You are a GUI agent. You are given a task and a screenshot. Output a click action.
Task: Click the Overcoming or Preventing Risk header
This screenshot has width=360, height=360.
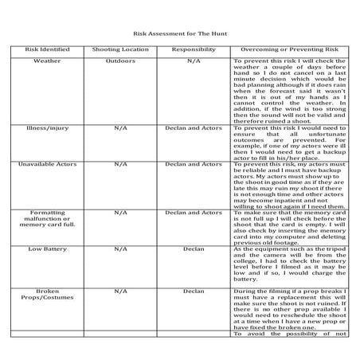point(291,49)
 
